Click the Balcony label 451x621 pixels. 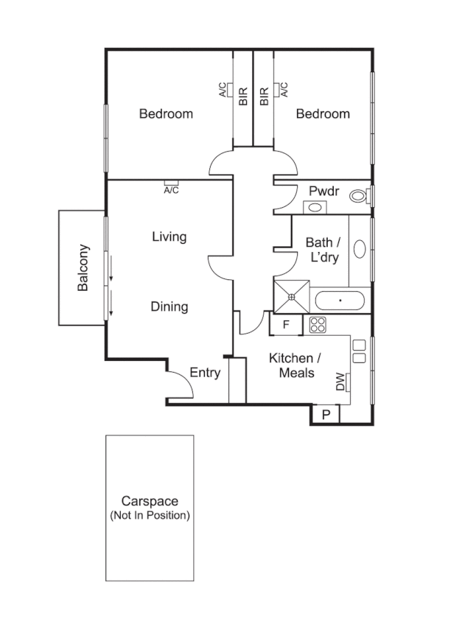pos(83,268)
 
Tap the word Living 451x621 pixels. pos(169,237)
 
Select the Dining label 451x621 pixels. pos(169,306)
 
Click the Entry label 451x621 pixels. pos(205,373)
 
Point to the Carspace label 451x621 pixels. pos(150,501)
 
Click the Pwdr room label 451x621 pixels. pos(323,192)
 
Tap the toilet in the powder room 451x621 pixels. pos(359,197)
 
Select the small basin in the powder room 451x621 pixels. pos(315,207)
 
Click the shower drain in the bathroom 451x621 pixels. pos(292,297)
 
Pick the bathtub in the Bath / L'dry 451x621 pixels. pos(339,301)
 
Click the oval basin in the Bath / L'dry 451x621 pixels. pos(360,248)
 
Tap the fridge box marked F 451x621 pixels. pos(287,324)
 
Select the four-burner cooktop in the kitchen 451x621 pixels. pos(318,324)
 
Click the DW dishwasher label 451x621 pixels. pos(340,382)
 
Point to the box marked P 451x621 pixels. pos(325,415)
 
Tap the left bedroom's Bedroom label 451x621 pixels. pos(166,114)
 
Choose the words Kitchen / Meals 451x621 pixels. pos(294,365)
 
